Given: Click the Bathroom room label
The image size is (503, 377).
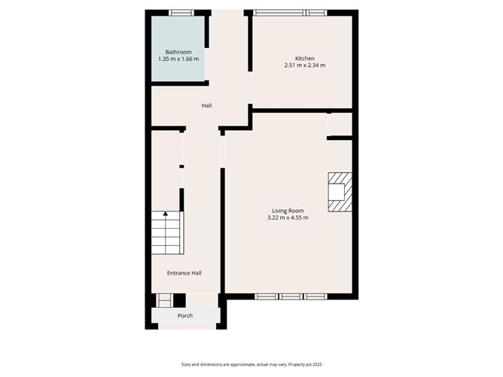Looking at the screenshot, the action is pos(178,52).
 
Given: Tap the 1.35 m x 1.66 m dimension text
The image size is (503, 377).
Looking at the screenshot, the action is pos(178,59).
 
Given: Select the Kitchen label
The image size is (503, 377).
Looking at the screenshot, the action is pos(305,59).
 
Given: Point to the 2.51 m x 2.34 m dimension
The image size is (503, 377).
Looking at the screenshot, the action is pos(305,65).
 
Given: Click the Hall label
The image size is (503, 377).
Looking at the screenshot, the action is pos(206,105).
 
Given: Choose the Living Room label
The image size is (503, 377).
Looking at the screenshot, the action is pos(288,211).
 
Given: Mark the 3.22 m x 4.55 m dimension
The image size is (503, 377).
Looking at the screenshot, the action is pos(288,217).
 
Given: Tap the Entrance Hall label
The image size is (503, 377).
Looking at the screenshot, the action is pos(184,273).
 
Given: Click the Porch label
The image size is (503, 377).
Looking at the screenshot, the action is pos(185,316).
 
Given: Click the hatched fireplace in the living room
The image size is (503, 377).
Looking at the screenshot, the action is pos(340,192).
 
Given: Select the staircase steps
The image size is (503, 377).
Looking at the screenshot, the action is pos(167,233).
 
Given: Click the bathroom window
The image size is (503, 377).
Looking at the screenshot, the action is pos(181,13).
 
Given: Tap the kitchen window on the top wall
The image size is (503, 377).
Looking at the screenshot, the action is pos(290,13).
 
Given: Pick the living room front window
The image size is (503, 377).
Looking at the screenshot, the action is pos(291,296).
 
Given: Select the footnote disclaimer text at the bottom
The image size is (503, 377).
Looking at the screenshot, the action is pos(251,364).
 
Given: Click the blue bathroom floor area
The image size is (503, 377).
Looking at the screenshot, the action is pos(178,48).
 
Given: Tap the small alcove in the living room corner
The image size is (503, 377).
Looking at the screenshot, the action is pos(341,124).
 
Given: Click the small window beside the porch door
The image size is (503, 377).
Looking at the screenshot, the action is pos(165,301).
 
